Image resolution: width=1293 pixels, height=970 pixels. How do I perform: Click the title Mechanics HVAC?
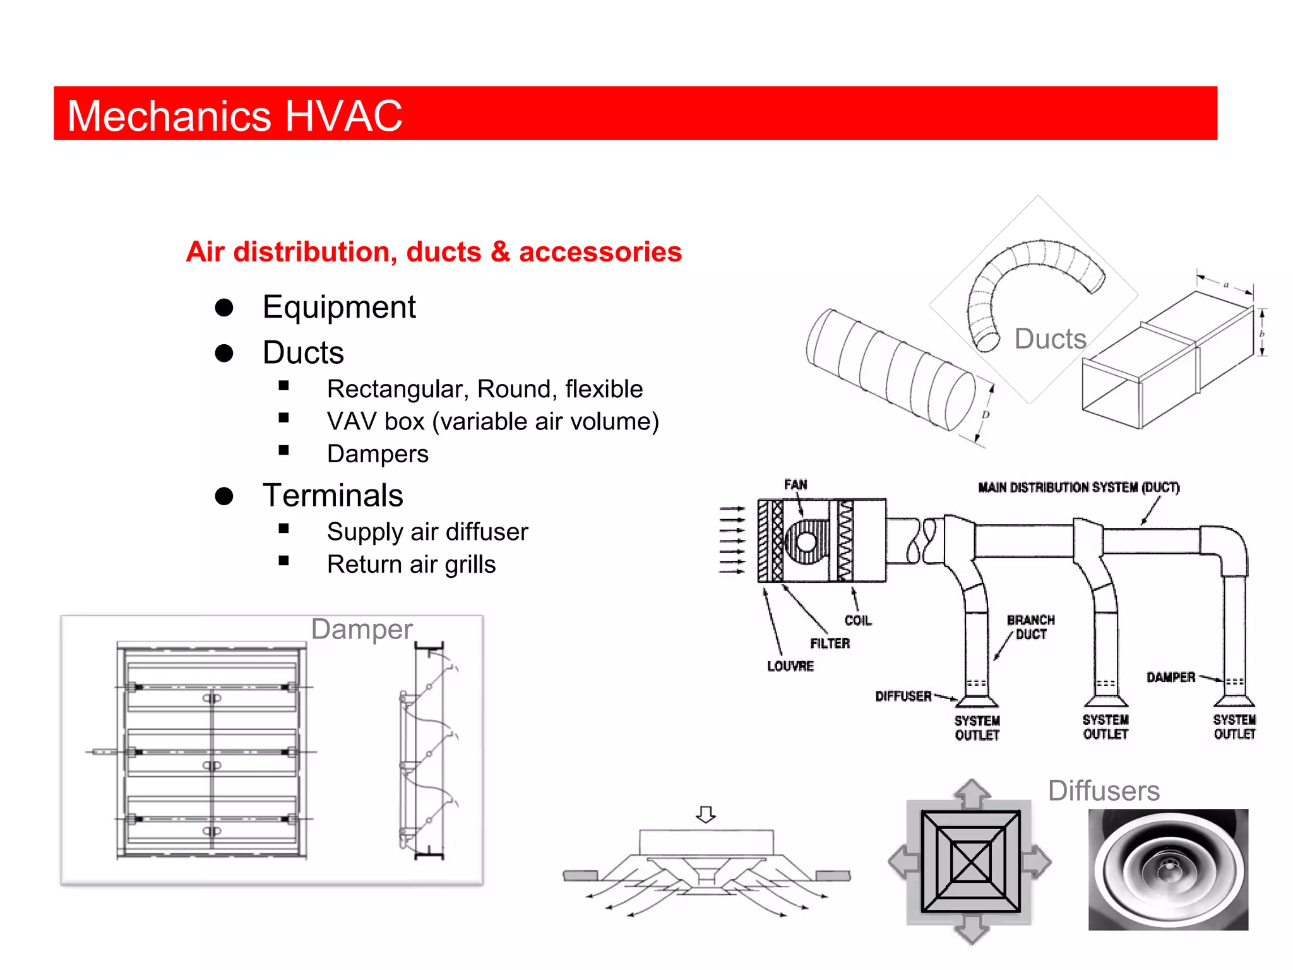(234, 116)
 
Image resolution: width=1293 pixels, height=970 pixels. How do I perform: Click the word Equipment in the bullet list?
(339, 308)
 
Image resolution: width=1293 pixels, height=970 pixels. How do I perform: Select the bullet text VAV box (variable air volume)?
(492, 421)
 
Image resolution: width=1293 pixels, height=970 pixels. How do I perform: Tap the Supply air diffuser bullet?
(427, 532)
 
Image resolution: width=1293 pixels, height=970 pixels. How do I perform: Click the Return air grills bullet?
(411, 564)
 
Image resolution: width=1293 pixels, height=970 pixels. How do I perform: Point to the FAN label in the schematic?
(795, 484)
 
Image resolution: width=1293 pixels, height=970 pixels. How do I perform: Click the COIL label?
(858, 621)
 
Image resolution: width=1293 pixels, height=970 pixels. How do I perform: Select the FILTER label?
(830, 644)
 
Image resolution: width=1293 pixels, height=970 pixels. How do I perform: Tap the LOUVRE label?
(790, 666)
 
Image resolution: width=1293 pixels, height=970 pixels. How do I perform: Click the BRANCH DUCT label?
(1030, 627)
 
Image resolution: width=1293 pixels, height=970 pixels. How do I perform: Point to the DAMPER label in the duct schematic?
(1171, 678)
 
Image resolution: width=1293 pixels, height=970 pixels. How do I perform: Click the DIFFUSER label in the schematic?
(903, 697)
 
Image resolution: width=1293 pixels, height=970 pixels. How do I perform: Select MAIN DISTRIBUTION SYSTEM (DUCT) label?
(1078, 488)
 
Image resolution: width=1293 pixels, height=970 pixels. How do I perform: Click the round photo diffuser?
(1168, 870)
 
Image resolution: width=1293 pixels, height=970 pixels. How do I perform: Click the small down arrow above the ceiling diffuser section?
(706, 814)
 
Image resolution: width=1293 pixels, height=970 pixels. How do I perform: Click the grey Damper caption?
(362, 630)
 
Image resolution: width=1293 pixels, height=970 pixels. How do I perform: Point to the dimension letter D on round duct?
(985, 415)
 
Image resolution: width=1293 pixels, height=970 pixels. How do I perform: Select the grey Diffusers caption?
(1104, 791)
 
